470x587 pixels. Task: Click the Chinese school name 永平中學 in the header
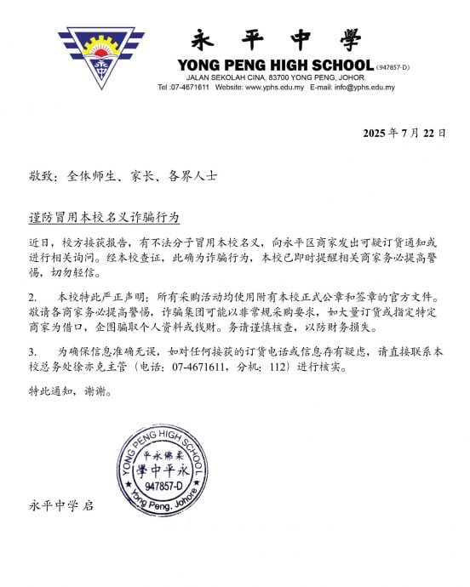tap(277, 40)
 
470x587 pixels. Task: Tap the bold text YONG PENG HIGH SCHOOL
tap(275, 66)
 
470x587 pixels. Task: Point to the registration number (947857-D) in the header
tap(393, 66)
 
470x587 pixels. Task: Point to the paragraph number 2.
tap(32, 299)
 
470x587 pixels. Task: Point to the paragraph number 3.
tap(32, 352)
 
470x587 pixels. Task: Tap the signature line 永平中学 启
tap(61, 505)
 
